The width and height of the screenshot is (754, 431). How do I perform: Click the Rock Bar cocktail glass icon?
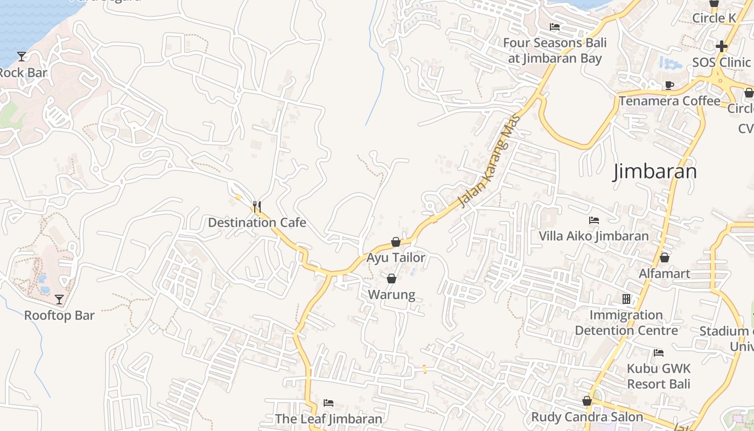point(22,56)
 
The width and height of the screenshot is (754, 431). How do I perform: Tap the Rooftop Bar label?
point(59,316)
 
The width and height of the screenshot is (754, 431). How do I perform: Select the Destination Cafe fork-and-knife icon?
point(257,207)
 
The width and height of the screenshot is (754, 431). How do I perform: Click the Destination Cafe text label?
point(257,223)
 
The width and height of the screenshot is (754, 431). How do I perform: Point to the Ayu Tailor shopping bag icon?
point(396,242)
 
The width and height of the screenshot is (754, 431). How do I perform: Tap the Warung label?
point(392,295)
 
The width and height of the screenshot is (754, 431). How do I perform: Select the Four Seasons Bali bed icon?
point(555,27)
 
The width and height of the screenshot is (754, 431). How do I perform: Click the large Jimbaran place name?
point(655,171)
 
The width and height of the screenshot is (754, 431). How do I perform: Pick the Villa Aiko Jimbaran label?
point(594,236)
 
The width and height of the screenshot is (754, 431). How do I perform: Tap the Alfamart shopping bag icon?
point(665,258)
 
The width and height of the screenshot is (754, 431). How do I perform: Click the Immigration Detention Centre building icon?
point(626,298)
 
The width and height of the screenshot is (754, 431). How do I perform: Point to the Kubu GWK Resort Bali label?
point(658,377)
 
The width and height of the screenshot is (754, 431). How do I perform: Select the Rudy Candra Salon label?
point(587,417)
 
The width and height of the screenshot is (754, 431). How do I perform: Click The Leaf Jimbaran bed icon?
point(329,403)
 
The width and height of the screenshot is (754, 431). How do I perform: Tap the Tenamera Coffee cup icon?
point(669,85)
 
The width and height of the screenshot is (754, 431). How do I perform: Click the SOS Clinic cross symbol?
point(722,46)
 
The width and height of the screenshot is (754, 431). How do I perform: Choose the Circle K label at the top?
point(714,18)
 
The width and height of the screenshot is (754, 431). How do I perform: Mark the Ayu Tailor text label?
point(396,258)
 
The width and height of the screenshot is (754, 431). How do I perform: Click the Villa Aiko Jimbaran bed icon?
point(594,220)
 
